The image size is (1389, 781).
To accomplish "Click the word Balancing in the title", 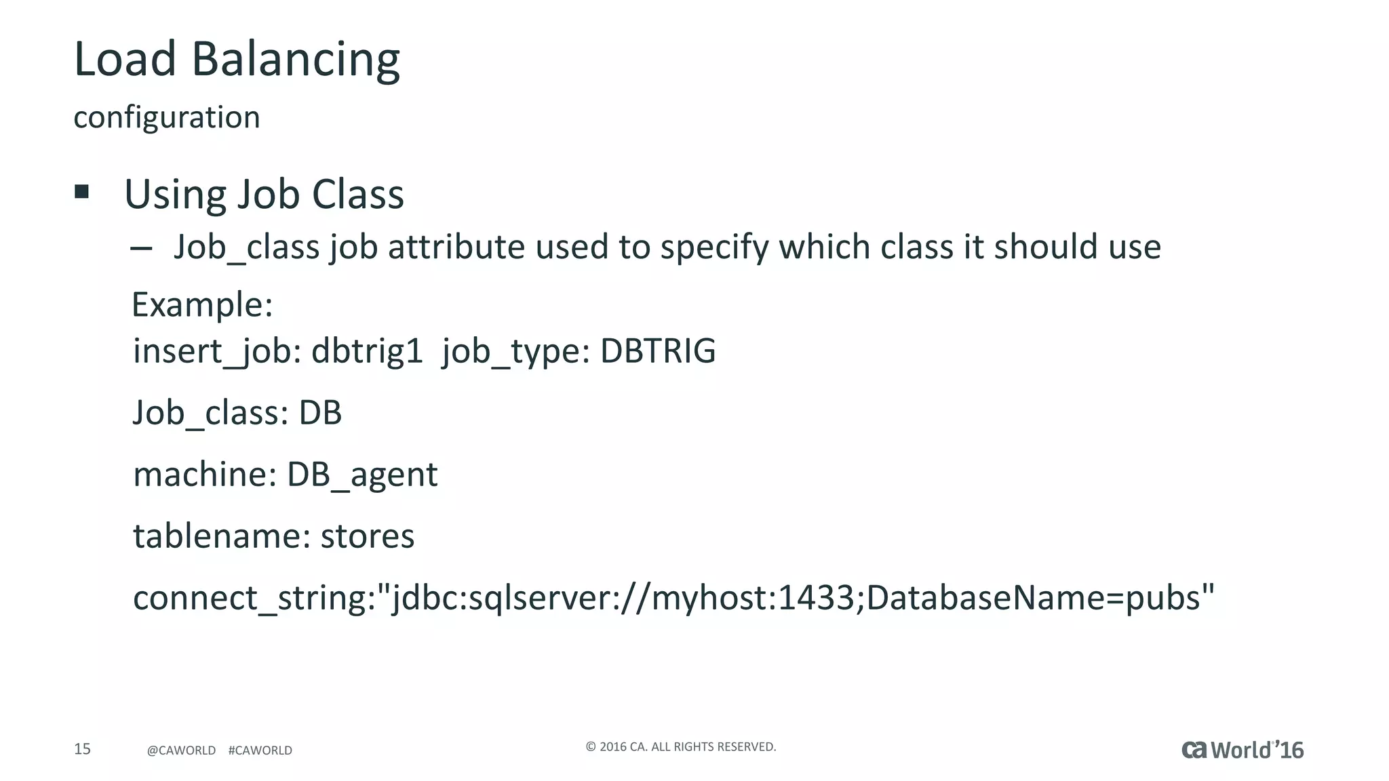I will click(296, 60).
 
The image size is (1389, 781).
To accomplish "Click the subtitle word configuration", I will click(167, 117).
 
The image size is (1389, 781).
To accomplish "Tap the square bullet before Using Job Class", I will click(82, 192).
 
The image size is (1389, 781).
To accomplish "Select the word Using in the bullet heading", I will click(175, 195).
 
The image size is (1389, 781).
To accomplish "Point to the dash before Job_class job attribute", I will click(141, 248).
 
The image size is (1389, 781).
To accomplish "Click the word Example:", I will click(202, 304).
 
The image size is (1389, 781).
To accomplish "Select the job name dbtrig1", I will click(367, 351).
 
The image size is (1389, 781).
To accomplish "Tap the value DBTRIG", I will click(658, 351).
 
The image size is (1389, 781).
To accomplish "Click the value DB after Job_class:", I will click(320, 412).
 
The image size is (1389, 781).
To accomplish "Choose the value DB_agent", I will click(362, 475).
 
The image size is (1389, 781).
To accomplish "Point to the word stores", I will click(367, 536).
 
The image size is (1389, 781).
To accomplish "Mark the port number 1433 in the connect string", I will click(816, 598).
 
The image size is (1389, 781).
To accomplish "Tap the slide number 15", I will click(82, 749).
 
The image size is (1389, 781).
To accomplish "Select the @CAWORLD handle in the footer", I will click(181, 750).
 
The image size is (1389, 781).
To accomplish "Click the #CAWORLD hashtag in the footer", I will click(260, 750).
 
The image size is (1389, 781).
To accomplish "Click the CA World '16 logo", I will click(1243, 750).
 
